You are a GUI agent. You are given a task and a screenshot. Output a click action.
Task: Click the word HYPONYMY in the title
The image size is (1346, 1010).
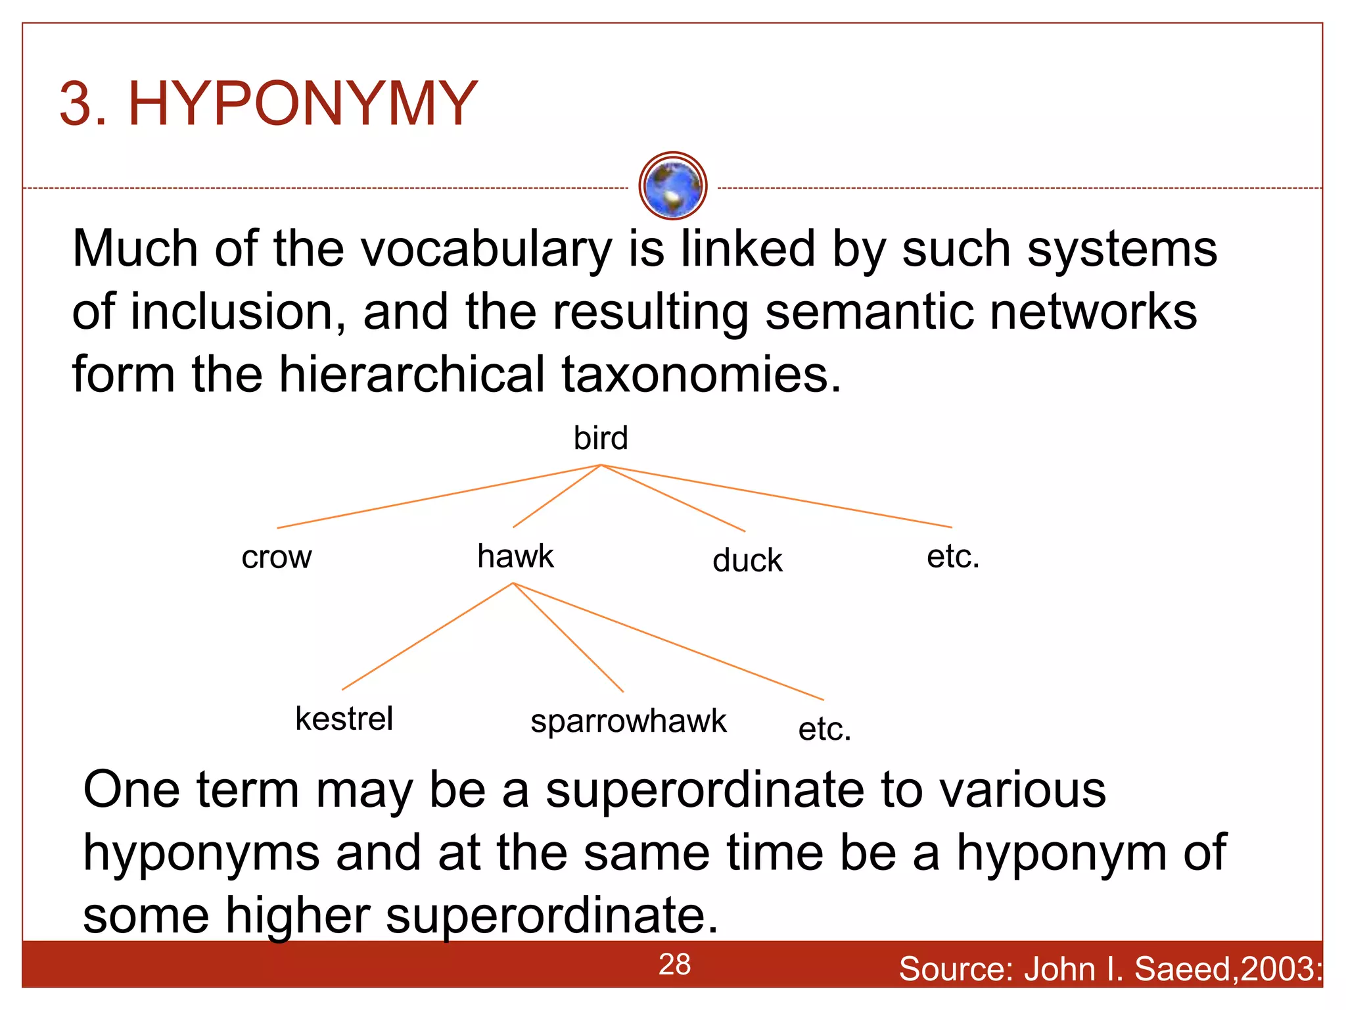tap(302, 104)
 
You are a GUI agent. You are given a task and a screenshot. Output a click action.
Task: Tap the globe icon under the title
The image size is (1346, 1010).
tap(672, 186)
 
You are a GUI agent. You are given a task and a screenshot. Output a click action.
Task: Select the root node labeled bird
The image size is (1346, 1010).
tap(601, 438)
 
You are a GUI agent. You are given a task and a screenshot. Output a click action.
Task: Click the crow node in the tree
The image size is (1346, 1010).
tap(277, 558)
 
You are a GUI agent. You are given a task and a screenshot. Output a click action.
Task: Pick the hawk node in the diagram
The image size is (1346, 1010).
tap(515, 556)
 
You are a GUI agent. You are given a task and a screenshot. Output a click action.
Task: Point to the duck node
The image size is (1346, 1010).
tap(747, 561)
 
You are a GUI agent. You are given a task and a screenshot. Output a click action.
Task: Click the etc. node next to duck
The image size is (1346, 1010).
tap(952, 557)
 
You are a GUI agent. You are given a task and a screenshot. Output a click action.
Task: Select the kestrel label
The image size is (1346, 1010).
tap(344, 718)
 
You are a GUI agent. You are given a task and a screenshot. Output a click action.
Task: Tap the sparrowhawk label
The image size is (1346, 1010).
tap(628, 721)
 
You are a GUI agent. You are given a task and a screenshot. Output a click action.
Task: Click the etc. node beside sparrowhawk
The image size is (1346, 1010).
tap(824, 729)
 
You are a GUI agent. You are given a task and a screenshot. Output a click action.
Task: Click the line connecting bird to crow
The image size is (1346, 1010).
tap(438, 496)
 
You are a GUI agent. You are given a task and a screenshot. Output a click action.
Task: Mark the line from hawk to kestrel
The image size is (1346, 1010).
tap(427, 636)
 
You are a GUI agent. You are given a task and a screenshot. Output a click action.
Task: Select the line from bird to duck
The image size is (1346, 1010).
tap(673, 498)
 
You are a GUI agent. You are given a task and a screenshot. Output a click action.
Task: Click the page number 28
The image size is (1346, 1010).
tap(674, 965)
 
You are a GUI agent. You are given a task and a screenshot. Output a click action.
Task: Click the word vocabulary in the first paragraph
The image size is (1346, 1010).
tap(486, 250)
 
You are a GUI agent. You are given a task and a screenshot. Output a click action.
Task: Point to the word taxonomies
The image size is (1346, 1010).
tap(701, 375)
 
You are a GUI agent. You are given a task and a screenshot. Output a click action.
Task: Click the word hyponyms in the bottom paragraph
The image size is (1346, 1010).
tap(201, 853)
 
